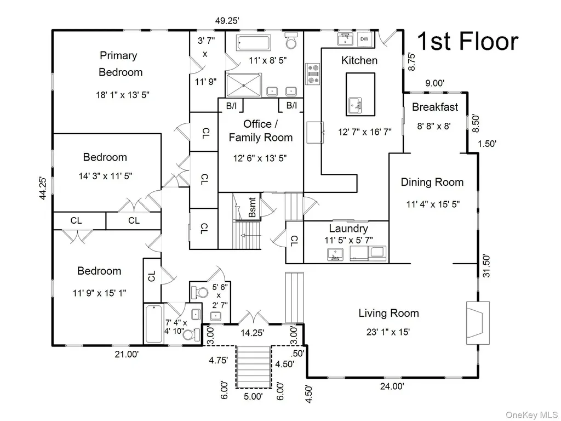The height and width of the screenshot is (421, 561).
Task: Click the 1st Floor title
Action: [468, 41]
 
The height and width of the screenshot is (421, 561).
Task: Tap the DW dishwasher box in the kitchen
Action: [364, 39]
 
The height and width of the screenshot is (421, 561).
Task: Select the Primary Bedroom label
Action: [120, 64]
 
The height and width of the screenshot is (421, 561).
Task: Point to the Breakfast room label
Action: [434, 107]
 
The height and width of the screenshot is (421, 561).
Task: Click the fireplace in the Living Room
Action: [477, 323]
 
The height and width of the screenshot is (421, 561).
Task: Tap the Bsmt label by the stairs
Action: [252, 207]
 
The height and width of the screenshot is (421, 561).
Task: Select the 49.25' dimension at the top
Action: [227, 21]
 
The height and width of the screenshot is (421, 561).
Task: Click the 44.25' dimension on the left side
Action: [43, 188]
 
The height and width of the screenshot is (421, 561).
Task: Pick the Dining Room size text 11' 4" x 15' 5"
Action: [433, 204]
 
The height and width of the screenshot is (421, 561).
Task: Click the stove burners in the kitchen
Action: [313, 74]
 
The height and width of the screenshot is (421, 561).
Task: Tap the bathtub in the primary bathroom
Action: [253, 43]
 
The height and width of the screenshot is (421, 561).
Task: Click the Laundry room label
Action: [348, 229]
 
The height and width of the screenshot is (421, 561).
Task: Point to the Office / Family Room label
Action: [260, 130]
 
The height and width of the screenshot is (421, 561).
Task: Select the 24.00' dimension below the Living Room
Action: [392, 386]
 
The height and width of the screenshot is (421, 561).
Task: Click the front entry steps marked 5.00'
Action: [253, 367]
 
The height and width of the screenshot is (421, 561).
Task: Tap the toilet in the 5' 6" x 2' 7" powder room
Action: [199, 293]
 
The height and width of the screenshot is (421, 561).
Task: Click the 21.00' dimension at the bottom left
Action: [127, 355]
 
